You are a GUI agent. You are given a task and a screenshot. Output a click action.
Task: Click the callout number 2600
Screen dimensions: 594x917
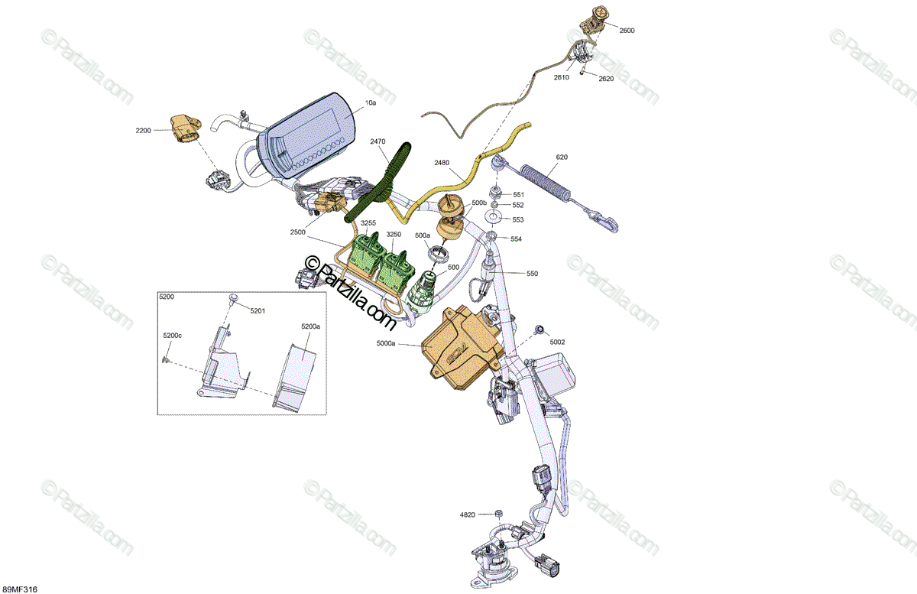tap(627, 31)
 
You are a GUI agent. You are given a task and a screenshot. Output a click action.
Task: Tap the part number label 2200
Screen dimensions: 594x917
tap(143, 131)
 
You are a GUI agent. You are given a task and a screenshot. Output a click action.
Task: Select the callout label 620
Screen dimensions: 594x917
tap(562, 157)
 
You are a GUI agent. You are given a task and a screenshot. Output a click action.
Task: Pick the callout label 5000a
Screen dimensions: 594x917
tap(386, 345)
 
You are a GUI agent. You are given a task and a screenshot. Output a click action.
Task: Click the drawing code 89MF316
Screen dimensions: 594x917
tap(21, 589)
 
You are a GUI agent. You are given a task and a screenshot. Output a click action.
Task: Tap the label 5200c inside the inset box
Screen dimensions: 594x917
tap(172, 336)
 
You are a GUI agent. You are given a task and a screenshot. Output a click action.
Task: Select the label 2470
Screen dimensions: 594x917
tap(378, 141)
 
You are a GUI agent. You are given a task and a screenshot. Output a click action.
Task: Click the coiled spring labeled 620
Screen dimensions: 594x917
tap(547, 180)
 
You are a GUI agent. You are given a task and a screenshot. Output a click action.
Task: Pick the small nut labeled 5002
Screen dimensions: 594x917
tap(540, 329)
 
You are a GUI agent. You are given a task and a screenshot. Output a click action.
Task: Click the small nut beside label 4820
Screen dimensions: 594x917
tap(497, 512)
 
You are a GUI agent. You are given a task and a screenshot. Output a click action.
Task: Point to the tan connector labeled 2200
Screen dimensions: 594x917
tap(183, 127)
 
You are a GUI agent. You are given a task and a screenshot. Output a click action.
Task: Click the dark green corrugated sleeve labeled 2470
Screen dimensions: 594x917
tap(386, 180)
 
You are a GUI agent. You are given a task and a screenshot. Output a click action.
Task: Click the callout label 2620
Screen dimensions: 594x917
tap(605, 79)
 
